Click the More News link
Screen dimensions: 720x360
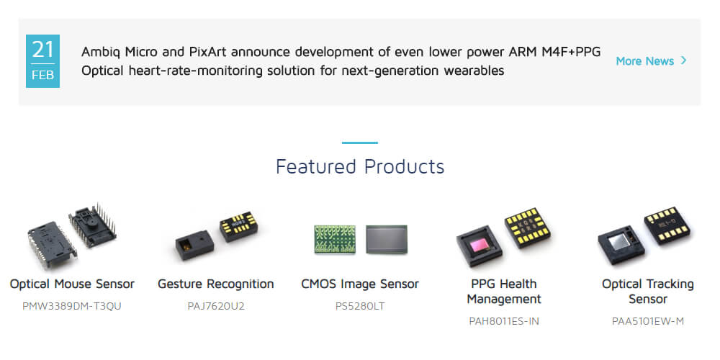(644, 61)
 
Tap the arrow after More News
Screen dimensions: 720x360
(684, 60)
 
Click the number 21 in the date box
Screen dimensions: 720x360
(42, 50)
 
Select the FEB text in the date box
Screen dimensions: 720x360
(42, 75)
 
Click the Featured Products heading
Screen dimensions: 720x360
(360, 166)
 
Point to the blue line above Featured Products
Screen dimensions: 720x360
(360, 143)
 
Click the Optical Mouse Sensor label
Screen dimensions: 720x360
(72, 284)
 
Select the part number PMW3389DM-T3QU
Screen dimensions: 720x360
(72, 306)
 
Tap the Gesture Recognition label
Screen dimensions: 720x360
(216, 284)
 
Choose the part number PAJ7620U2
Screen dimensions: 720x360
(216, 306)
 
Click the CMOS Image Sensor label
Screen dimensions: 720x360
(360, 284)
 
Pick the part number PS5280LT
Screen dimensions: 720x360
(360, 306)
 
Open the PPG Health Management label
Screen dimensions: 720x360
(504, 292)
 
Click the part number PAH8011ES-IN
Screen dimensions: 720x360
(504, 321)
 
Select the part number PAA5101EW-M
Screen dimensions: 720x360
(648, 321)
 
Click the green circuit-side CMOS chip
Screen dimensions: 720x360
(335, 239)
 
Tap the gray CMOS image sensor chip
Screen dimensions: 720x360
(387, 239)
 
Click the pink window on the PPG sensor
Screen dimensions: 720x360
(478, 245)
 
